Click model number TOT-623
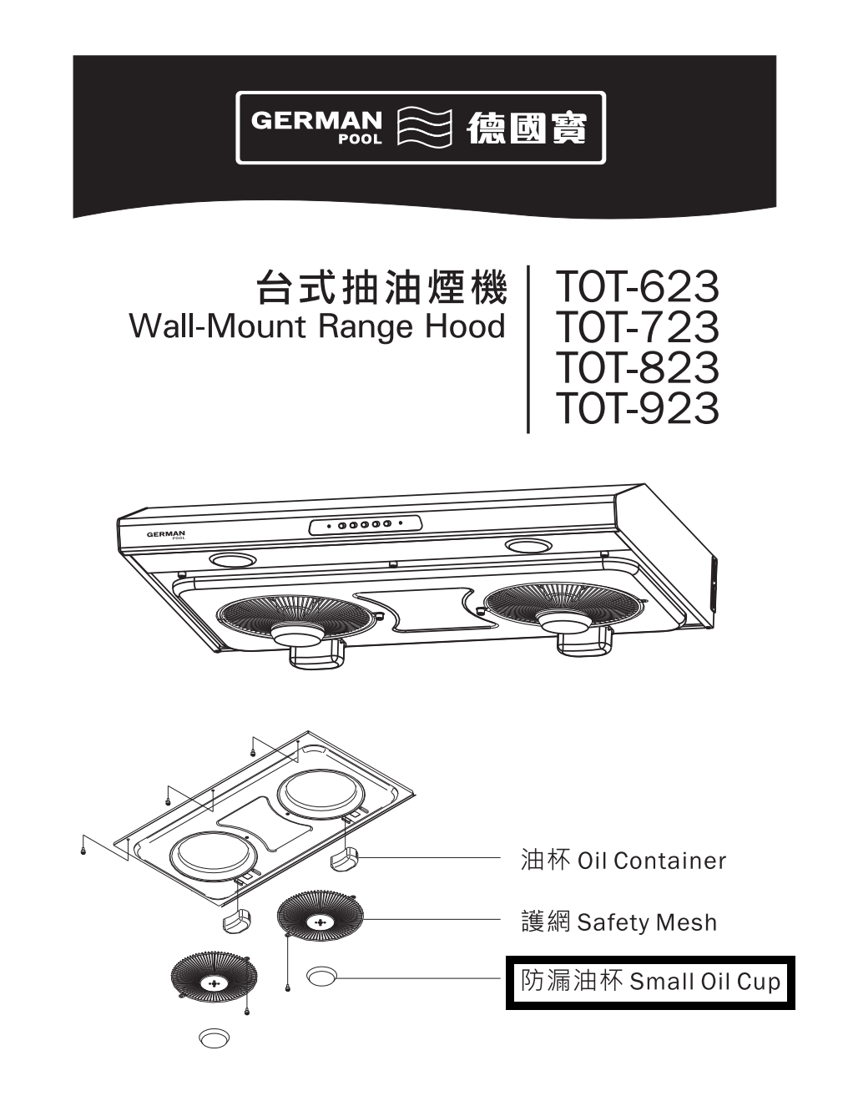637,287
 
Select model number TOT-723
637,327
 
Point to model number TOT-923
637,408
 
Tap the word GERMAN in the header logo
317,121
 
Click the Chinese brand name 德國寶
526,129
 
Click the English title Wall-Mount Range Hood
318,326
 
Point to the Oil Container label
623,860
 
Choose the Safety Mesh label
618,922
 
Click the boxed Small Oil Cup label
650,981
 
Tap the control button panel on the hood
365,525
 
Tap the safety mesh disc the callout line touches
321,922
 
